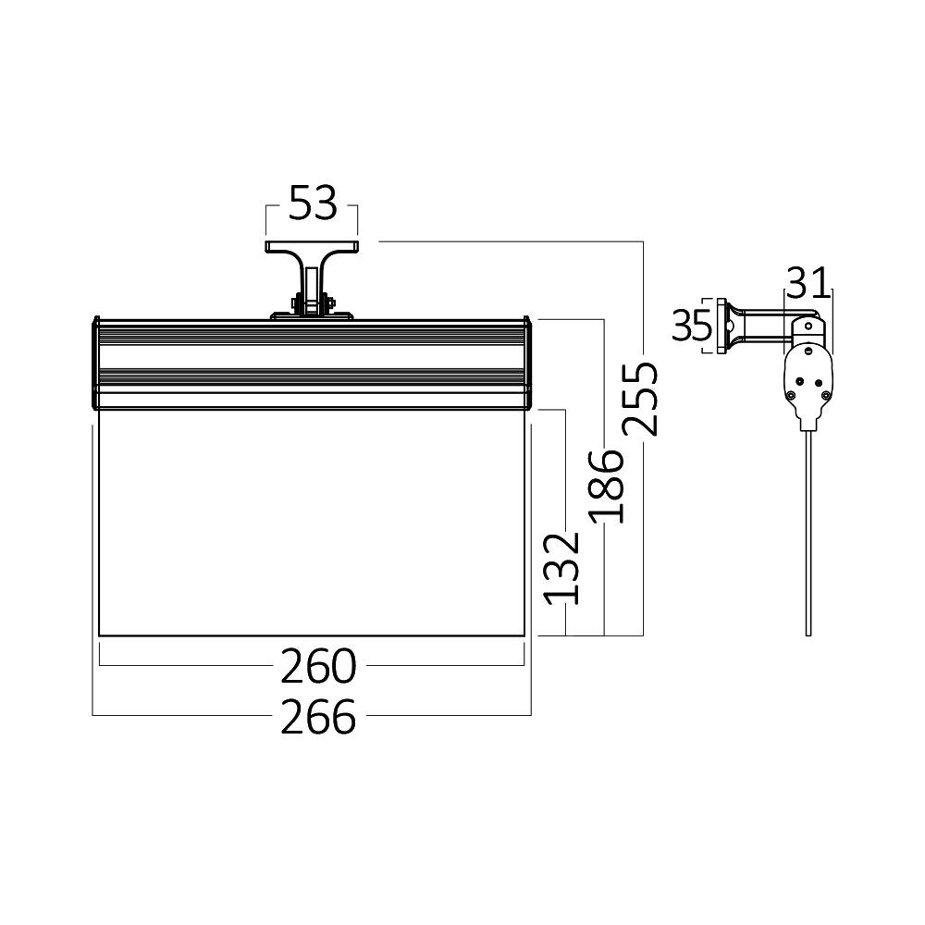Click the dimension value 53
point(312,204)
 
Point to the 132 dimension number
point(562,567)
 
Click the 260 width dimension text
point(318,665)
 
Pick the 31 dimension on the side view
point(809,278)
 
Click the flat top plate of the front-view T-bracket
point(312,247)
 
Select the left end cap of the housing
point(95,364)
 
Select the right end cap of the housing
point(528,364)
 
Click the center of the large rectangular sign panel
point(312,523)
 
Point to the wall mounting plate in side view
point(721,326)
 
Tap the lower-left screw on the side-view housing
point(793,395)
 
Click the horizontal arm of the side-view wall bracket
point(763,325)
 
